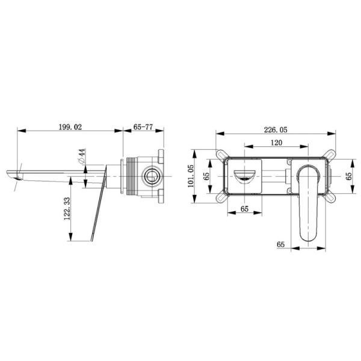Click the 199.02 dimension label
click(x=70, y=127)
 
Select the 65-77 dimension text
click(x=143, y=127)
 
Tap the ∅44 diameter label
click(x=82, y=156)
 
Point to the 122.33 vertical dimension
click(x=67, y=208)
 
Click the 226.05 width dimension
click(x=276, y=130)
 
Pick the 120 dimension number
click(x=276, y=143)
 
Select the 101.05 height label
click(x=191, y=176)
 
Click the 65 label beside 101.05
click(x=206, y=176)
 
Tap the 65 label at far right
click(x=349, y=176)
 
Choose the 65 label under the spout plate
click(x=244, y=209)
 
